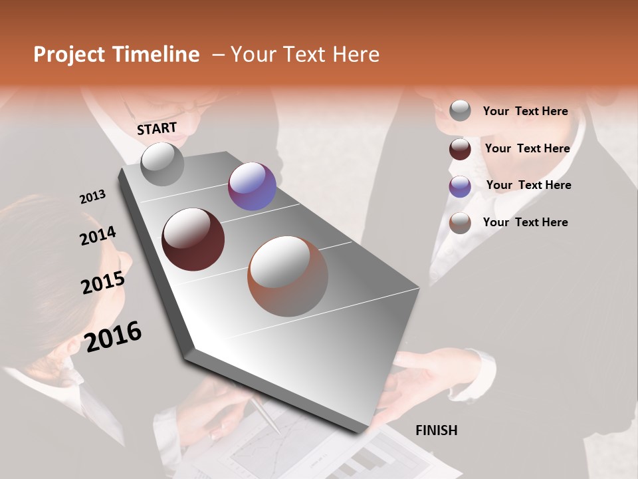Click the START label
pos(157,128)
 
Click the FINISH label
pos(436,430)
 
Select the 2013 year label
pos(92,197)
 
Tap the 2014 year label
pos(98,236)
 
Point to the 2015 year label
pos(102,283)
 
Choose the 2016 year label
pos(113,337)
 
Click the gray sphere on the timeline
pos(162,164)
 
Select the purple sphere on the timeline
pos(252,186)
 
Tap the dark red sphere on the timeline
pos(193,239)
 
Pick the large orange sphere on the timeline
pos(288,276)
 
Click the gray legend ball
pos(460,110)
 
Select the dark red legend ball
pos(460,149)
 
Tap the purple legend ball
pos(460,186)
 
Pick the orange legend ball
pos(460,223)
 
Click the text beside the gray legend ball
pos(525,111)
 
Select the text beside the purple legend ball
pos(528,185)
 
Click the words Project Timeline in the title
pos(116,55)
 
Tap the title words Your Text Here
pos(304,55)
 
